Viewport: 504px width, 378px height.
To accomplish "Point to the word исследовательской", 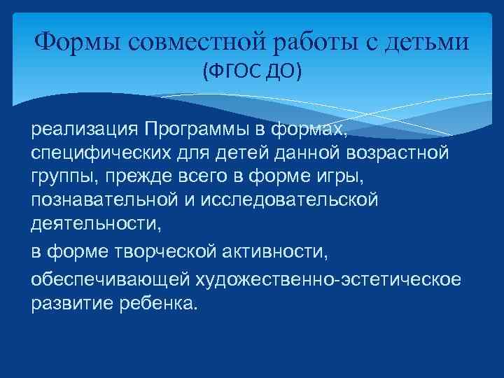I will coord(290,199).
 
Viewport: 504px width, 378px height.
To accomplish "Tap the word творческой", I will coord(153,252).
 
